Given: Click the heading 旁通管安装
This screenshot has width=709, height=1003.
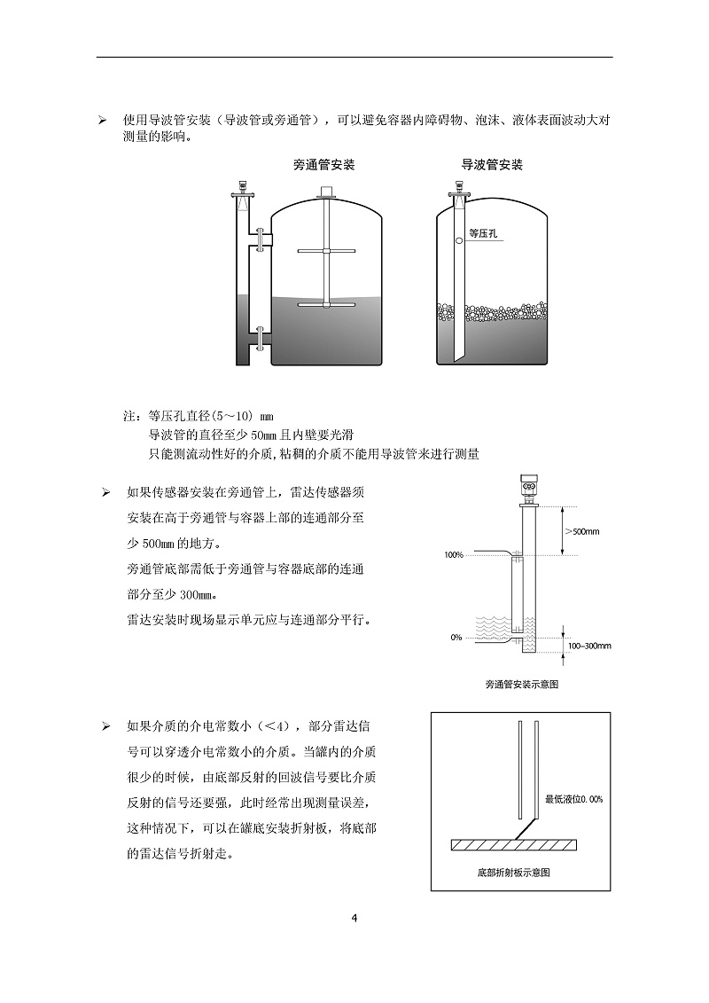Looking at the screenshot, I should [323, 165].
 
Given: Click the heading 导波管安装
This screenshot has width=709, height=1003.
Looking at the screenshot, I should [492, 165].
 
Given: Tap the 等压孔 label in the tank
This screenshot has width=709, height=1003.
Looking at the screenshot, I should [483, 233].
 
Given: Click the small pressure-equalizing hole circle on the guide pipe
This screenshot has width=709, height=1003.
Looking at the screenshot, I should [458, 239].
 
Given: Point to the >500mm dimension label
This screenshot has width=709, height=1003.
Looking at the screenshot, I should [582, 531].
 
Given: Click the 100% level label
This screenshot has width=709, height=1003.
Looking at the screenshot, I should [454, 555].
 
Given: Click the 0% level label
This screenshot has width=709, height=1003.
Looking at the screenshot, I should [456, 637].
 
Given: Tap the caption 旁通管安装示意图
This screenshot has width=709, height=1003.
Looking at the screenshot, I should [522, 684].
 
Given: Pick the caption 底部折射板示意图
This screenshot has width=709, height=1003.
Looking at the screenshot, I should [514, 873].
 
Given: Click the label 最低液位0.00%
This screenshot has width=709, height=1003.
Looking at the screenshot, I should [573, 799].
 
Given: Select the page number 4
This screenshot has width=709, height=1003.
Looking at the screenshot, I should [354, 918].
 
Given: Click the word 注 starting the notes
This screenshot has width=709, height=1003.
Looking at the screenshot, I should [128, 415].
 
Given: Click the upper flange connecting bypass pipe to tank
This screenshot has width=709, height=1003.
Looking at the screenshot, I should [259, 239].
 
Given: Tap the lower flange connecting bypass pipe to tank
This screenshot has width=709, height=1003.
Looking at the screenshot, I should [259, 336].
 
